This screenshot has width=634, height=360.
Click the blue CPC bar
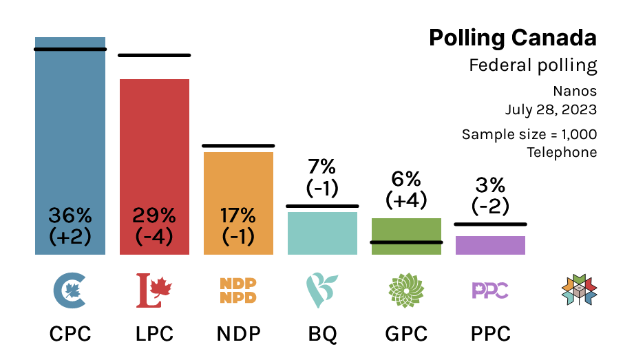(x=70, y=146)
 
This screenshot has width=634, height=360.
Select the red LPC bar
(x=154, y=167)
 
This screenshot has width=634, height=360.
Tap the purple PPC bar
(x=490, y=245)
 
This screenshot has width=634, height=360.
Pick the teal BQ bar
(x=322, y=233)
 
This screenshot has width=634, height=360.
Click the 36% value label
(x=70, y=215)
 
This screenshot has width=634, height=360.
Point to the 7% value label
(x=322, y=167)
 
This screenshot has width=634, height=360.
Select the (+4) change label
(x=406, y=200)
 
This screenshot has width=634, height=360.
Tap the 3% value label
(x=490, y=185)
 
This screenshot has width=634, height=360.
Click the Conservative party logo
(x=70, y=290)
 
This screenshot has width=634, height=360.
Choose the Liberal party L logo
(x=154, y=290)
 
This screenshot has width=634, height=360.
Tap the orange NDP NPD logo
(x=238, y=290)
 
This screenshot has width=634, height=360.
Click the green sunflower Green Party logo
(x=406, y=290)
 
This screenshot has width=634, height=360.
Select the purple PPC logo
(x=490, y=290)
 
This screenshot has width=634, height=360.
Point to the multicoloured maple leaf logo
(x=579, y=290)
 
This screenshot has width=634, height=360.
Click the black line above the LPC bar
(x=154, y=56)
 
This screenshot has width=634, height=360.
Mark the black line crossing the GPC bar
(x=406, y=242)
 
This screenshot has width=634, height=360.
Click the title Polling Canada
(x=513, y=38)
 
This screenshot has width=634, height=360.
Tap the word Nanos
(x=575, y=91)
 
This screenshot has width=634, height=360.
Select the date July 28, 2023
(x=551, y=109)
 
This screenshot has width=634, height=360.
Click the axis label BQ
(x=322, y=334)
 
